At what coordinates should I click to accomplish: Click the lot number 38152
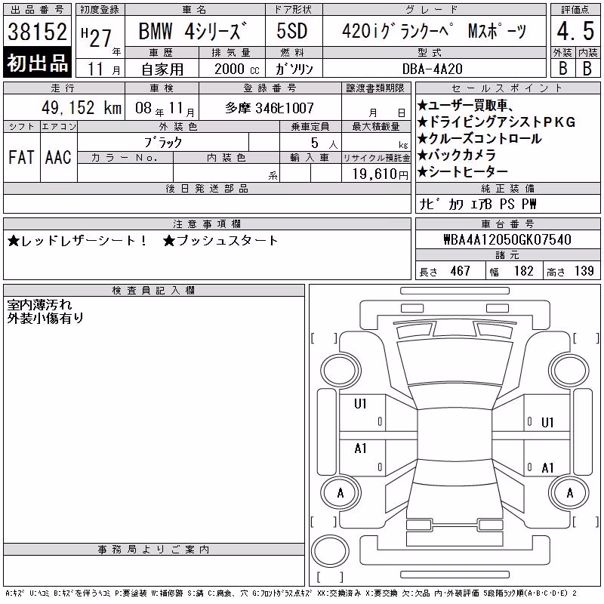[x=37, y=31]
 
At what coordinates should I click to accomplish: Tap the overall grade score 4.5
[x=575, y=31]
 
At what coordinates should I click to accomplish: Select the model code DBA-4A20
[x=432, y=69]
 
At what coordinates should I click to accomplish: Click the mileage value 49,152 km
[x=82, y=108]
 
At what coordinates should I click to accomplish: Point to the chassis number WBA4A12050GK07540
[x=507, y=239]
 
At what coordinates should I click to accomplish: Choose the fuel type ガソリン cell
[x=294, y=69]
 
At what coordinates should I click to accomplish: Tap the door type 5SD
[x=292, y=31]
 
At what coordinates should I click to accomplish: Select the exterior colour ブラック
[x=163, y=143]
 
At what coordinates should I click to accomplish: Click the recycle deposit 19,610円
[x=381, y=174]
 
